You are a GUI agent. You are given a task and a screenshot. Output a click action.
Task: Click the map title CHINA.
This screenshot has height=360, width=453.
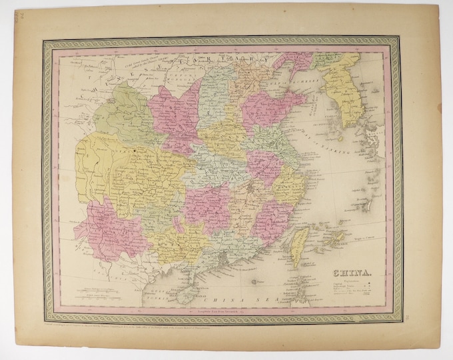click(x=340, y=272)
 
